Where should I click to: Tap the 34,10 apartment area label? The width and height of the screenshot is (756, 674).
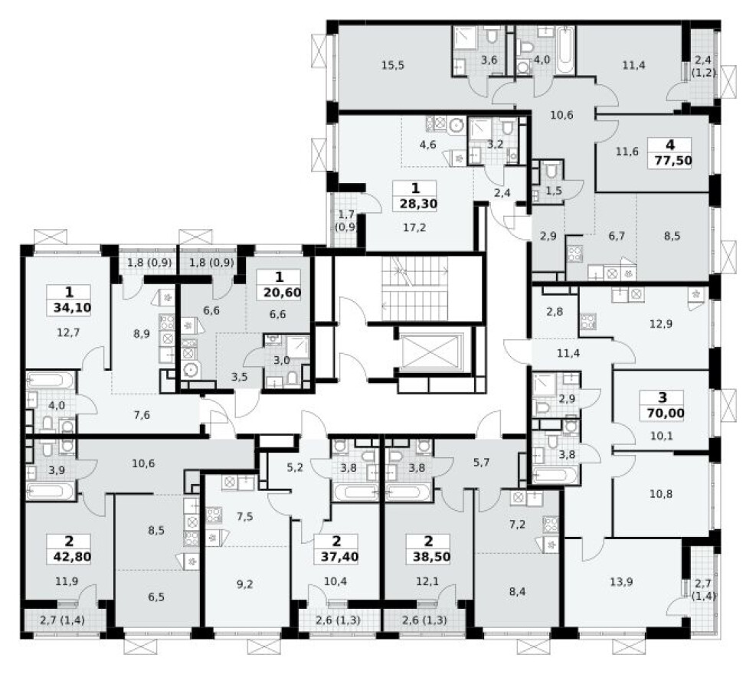point(70,309)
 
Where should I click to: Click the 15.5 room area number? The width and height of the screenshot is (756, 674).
point(391,65)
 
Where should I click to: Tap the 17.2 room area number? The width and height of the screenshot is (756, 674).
point(415,227)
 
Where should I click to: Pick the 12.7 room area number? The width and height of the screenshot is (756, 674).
point(69,332)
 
